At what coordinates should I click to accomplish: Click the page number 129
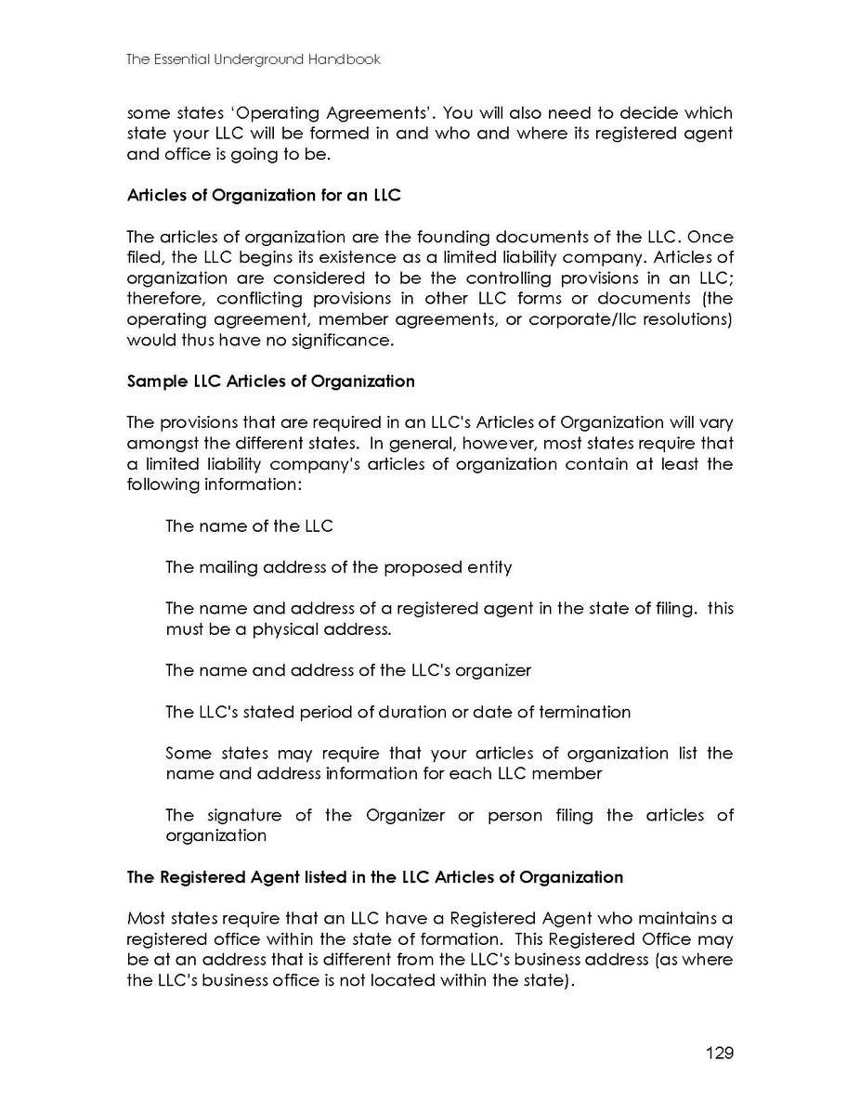719,1053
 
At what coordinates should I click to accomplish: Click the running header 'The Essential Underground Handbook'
254,59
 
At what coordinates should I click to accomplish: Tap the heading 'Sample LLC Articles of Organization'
270,381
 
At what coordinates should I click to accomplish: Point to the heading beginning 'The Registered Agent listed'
374,877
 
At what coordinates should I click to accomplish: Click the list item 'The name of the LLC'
249,526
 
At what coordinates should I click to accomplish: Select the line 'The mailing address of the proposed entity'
338,567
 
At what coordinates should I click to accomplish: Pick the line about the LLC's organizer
347,670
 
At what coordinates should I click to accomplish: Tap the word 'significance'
335,340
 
